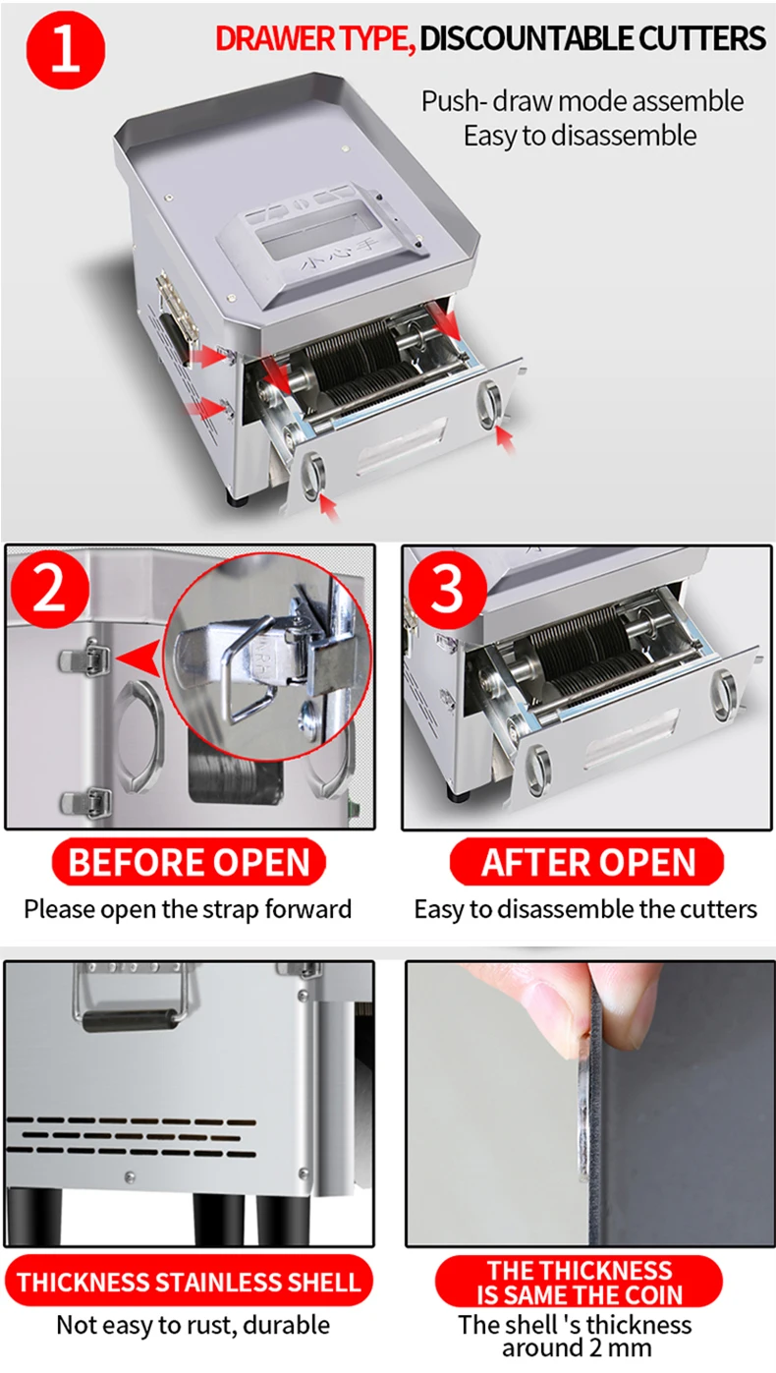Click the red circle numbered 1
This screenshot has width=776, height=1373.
[x=66, y=50]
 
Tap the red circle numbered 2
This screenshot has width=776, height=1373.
[x=50, y=590]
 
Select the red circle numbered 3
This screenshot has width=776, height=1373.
[x=448, y=590]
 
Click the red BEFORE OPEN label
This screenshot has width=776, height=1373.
[x=189, y=862]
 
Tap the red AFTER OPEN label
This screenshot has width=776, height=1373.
[x=586, y=862]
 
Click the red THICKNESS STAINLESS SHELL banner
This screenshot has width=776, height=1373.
[x=189, y=1281]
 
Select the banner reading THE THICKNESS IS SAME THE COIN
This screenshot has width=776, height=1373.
[x=579, y=1282]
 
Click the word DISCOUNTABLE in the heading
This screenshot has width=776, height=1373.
[x=527, y=38]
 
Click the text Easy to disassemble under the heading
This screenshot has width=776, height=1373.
[x=580, y=136]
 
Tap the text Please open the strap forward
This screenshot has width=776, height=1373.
[x=188, y=910]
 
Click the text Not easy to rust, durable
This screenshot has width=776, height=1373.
[x=193, y=1325]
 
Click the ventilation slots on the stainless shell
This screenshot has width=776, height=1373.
[x=131, y=1136]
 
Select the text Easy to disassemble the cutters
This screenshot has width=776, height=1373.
[x=585, y=910]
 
